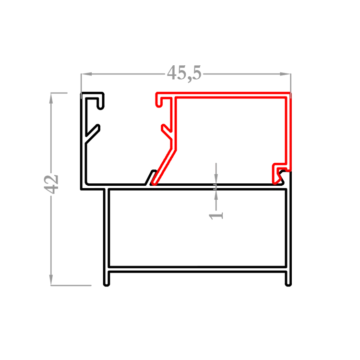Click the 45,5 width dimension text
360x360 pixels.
point(184,73)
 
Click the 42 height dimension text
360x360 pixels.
point(51,184)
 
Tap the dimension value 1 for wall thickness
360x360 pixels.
point(216,216)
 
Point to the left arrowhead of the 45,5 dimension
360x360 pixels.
point(86,74)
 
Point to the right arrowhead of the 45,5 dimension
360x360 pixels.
point(285,74)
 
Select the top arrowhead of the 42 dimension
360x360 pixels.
point(51,98)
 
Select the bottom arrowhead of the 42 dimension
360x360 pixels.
point(51,280)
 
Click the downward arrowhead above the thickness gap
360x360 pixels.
point(216,179)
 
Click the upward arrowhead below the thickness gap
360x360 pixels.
point(216,195)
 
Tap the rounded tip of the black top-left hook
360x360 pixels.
point(101,108)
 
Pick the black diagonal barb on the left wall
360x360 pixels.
point(93,133)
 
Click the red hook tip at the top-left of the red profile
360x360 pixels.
point(158,105)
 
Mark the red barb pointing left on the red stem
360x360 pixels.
point(166,132)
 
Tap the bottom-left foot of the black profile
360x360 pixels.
point(106,284)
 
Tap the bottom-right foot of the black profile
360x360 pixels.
point(288,284)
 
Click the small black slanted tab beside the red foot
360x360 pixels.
point(150,177)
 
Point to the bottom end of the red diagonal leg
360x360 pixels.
point(154,183)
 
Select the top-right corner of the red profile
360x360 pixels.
point(290,93)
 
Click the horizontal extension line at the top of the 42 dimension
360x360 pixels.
point(59,93)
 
